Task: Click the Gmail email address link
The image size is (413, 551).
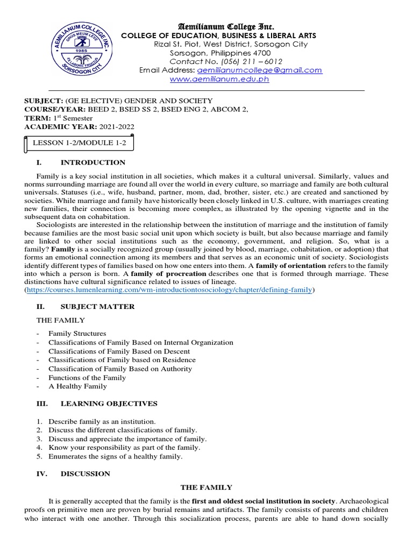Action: (x=260, y=70)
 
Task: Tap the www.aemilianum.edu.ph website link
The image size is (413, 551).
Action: (x=219, y=79)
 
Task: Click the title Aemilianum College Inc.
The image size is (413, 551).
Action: (x=218, y=26)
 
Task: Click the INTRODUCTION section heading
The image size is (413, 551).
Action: (x=93, y=163)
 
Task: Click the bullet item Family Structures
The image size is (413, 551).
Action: (x=77, y=334)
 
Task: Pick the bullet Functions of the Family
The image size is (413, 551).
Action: (x=87, y=378)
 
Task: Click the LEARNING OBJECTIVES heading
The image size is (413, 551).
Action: (x=109, y=404)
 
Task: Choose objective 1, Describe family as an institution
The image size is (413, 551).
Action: (x=102, y=421)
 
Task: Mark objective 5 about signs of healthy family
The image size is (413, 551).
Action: (x=115, y=456)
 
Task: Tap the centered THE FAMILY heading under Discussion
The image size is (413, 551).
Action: (x=206, y=488)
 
